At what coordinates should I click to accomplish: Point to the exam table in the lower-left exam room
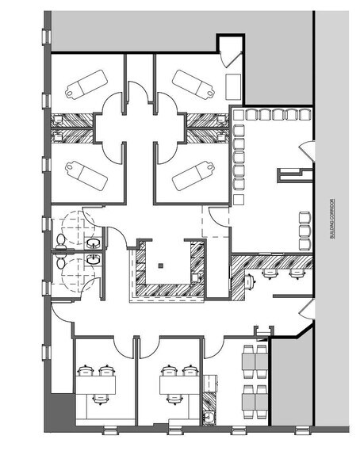point(82,171)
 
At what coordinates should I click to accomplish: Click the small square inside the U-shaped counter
point(160,265)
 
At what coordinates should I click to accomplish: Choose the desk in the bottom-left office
point(96,384)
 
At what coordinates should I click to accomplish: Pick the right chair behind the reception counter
point(297,273)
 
